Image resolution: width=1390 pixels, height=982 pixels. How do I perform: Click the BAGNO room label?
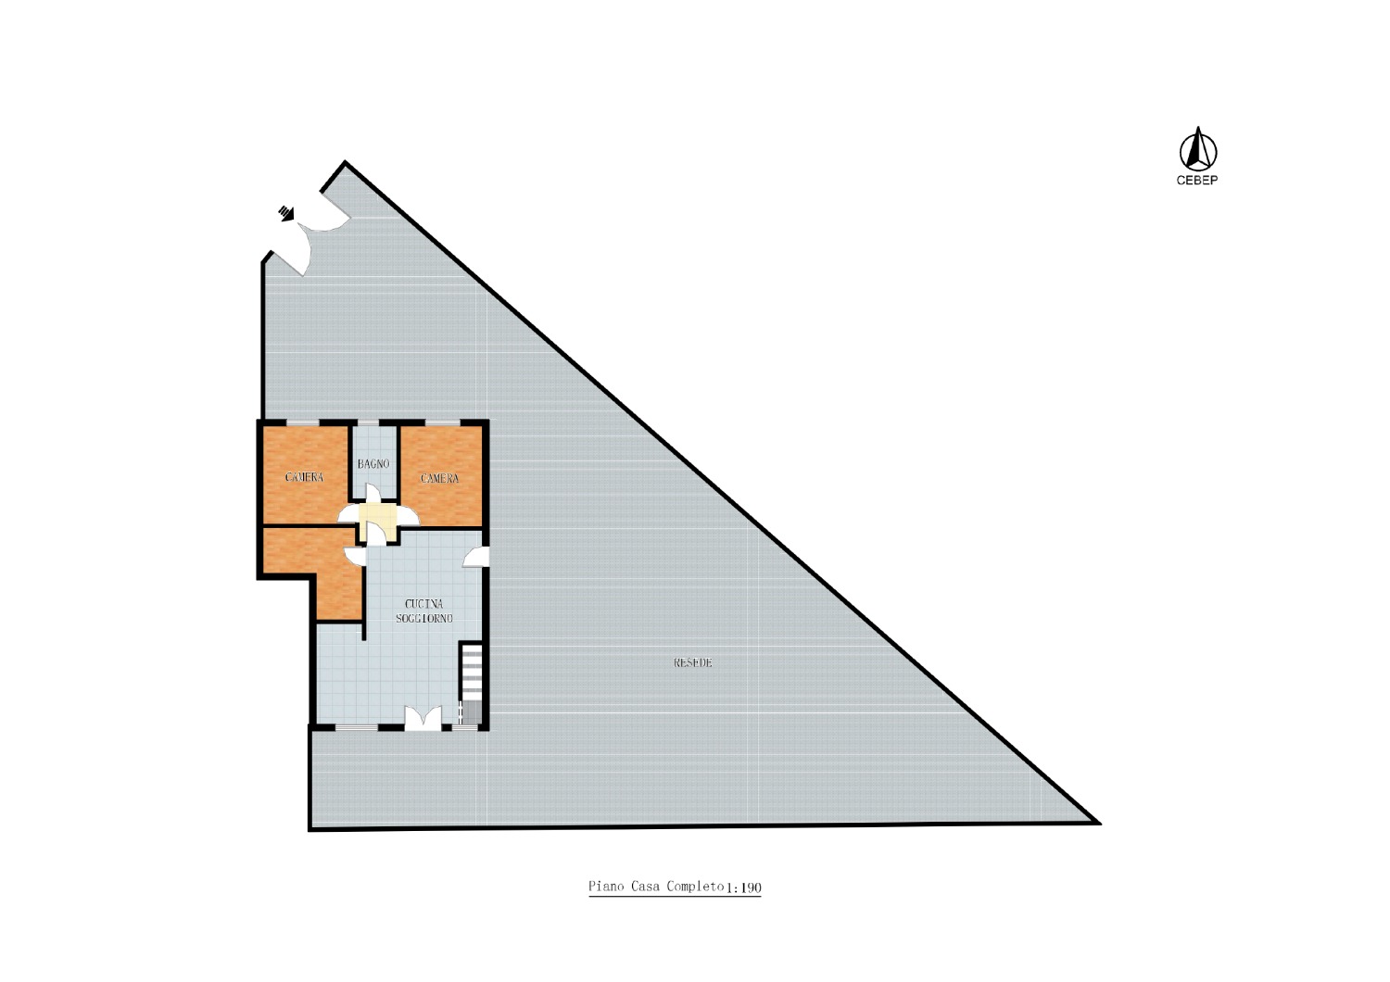[x=373, y=463]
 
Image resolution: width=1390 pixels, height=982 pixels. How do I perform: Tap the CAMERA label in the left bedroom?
[x=304, y=477]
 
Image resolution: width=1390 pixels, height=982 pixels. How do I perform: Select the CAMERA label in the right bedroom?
[x=439, y=478]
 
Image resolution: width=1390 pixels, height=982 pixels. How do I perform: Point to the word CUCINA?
[x=423, y=604]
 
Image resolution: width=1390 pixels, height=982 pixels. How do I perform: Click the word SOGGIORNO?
[x=423, y=619]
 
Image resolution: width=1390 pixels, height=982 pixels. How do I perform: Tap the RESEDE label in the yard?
[x=692, y=662]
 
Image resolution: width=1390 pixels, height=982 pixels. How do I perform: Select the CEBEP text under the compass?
[x=1197, y=181]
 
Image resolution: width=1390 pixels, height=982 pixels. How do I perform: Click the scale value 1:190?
[x=743, y=888]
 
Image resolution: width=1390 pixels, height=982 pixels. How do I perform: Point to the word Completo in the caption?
[x=696, y=886]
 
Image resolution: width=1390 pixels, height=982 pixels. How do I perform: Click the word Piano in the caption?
[x=606, y=886]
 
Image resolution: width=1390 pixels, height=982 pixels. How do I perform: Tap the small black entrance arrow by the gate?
[x=286, y=213]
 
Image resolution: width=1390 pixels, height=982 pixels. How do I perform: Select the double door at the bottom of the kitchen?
[x=423, y=718]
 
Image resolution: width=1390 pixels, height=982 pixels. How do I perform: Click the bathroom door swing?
[x=373, y=493]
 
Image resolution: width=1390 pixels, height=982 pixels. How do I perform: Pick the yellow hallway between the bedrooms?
[x=378, y=520]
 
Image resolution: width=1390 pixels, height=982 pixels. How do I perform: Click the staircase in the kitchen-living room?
[x=471, y=684]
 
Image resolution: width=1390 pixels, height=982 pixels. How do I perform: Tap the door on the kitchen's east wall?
[x=475, y=557]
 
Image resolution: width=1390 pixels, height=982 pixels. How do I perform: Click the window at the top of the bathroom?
[x=368, y=423]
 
